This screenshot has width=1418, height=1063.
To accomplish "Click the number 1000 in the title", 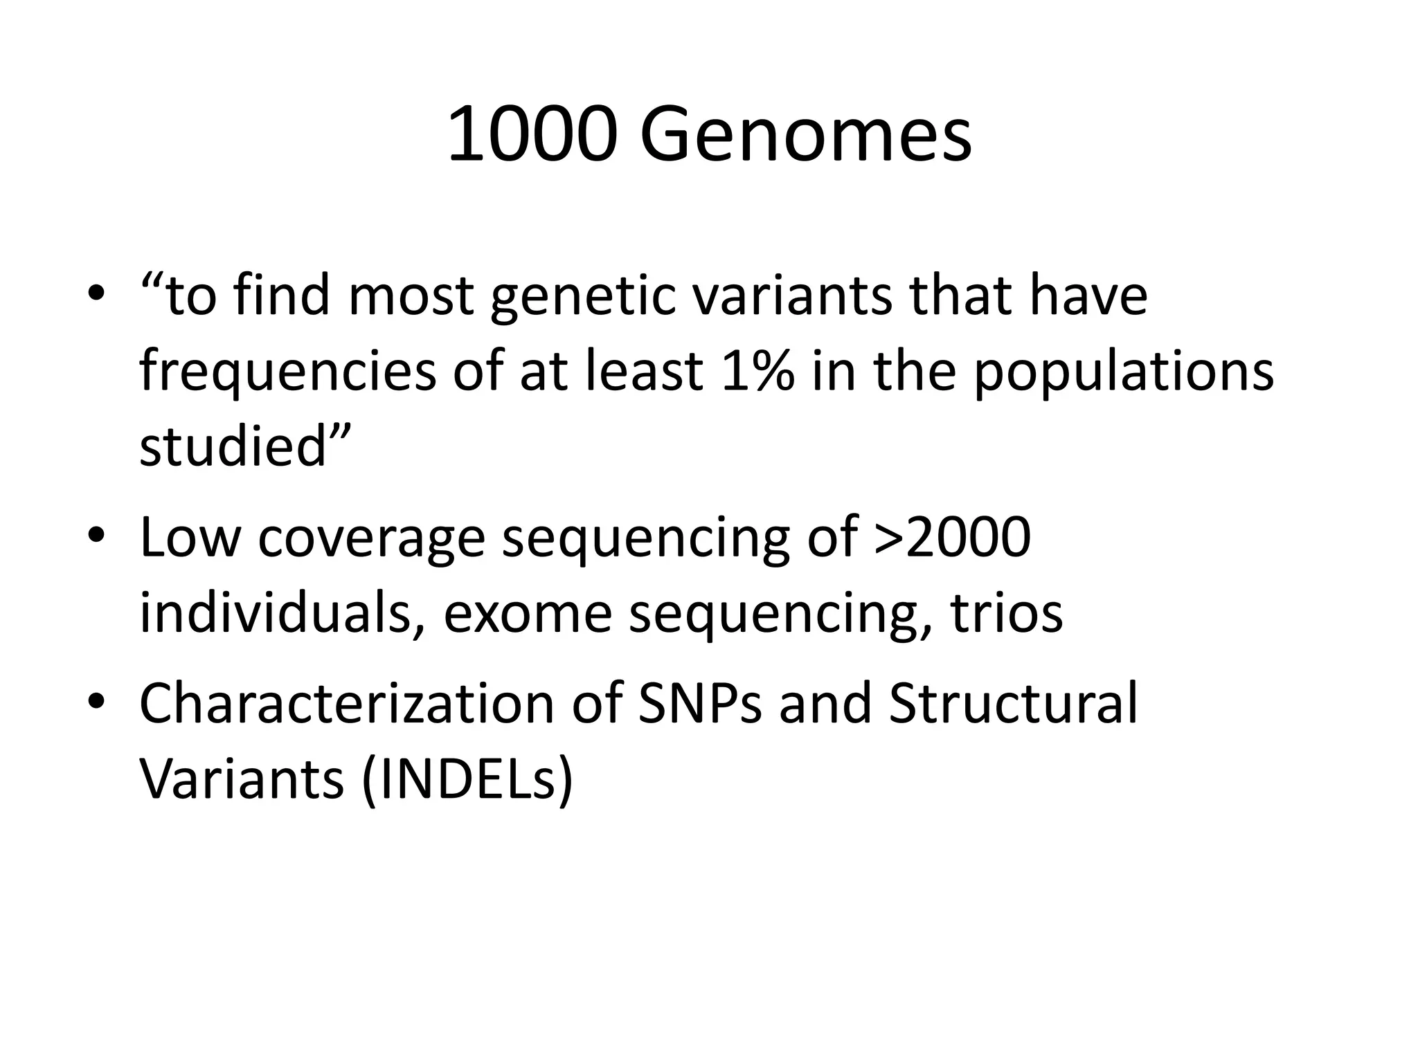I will pyautogui.click(x=531, y=135).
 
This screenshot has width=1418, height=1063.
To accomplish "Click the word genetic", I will pyautogui.click(x=582, y=296).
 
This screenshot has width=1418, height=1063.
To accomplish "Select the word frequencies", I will pyautogui.click(x=288, y=372).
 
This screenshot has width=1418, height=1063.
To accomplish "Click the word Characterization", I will pyautogui.click(x=346, y=703).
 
